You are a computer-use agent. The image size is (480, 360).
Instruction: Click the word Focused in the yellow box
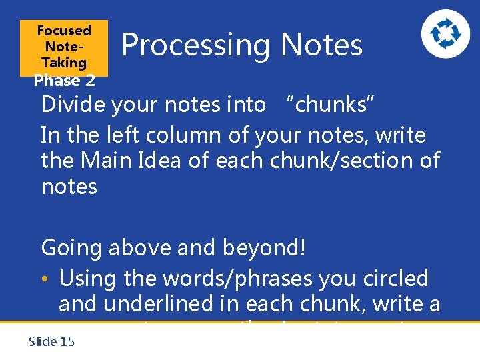[x=64, y=31]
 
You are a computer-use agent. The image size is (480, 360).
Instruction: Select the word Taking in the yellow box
[x=64, y=63]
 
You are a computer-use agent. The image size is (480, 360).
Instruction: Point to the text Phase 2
[x=64, y=81]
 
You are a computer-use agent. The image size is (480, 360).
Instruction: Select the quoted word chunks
[x=331, y=105]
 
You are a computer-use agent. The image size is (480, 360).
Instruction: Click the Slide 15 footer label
[x=52, y=342]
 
